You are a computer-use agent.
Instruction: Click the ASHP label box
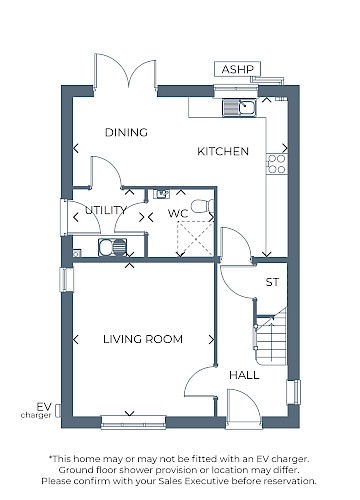(x=237, y=69)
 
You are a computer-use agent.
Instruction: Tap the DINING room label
(x=126, y=132)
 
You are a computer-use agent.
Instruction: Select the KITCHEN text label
(x=223, y=151)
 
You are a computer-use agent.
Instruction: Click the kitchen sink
(x=239, y=107)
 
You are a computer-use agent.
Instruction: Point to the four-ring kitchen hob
(x=277, y=164)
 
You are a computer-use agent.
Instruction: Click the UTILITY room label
(x=106, y=210)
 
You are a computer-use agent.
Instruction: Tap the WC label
(x=178, y=213)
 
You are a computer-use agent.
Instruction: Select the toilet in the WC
(x=203, y=206)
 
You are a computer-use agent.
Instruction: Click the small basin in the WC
(x=161, y=194)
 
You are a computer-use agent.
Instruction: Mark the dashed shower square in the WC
(x=195, y=238)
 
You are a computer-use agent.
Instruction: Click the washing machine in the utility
(x=113, y=247)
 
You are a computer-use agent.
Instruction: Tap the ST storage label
(x=272, y=282)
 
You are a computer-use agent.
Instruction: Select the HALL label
(x=244, y=375)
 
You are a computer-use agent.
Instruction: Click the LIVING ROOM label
(x=143, y=339)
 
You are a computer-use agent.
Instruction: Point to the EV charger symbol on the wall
(x=58, y=410)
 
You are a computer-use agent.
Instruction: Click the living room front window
(x=133, y=422)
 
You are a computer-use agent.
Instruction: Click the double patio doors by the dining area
(x=125, y=72)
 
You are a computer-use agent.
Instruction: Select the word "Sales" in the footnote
(x=170, y=481)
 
